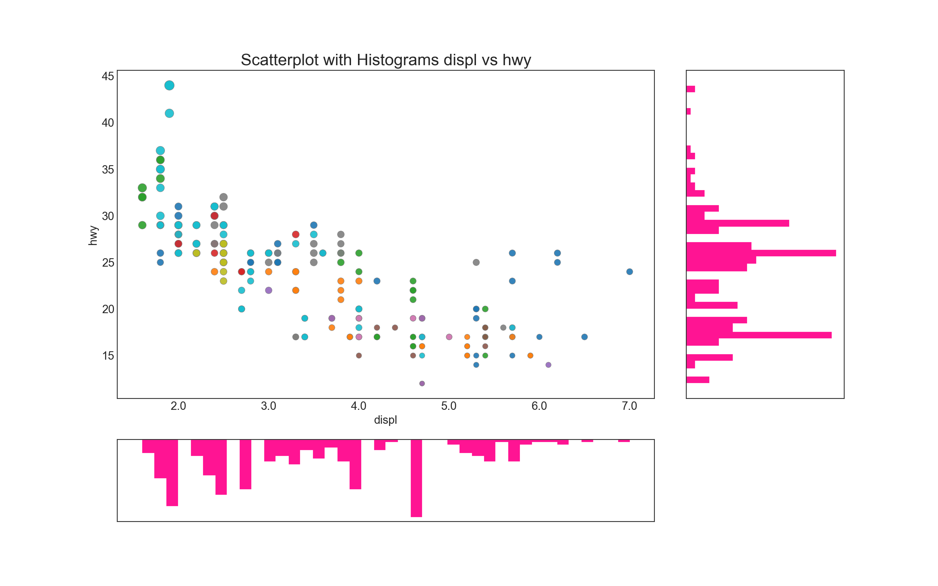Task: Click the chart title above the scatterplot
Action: tap(386, 60)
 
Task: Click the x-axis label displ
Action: tap(385, 420)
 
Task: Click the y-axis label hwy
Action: tap(93, 235)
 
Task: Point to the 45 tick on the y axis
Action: tap(108, 76)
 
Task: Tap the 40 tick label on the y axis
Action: tap(108, 123)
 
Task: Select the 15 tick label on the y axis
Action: tap(108, 356)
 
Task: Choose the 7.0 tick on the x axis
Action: tap(629, 406)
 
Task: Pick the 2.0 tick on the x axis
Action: tap(178, 406)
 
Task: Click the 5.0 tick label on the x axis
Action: tap(448, 406)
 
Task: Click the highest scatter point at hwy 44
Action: tap(169, 85)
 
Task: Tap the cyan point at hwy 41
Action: tap(169, 113)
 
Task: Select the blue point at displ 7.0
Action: tap(629, 272)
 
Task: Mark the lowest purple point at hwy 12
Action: tap(422, 383)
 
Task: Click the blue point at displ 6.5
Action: tap(584, 337)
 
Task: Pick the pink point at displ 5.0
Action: tap(449, 337)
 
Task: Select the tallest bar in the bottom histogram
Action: tap(416, 478)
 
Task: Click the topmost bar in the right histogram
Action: tap(690, 89)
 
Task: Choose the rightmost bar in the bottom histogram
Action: tap(624, 441)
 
